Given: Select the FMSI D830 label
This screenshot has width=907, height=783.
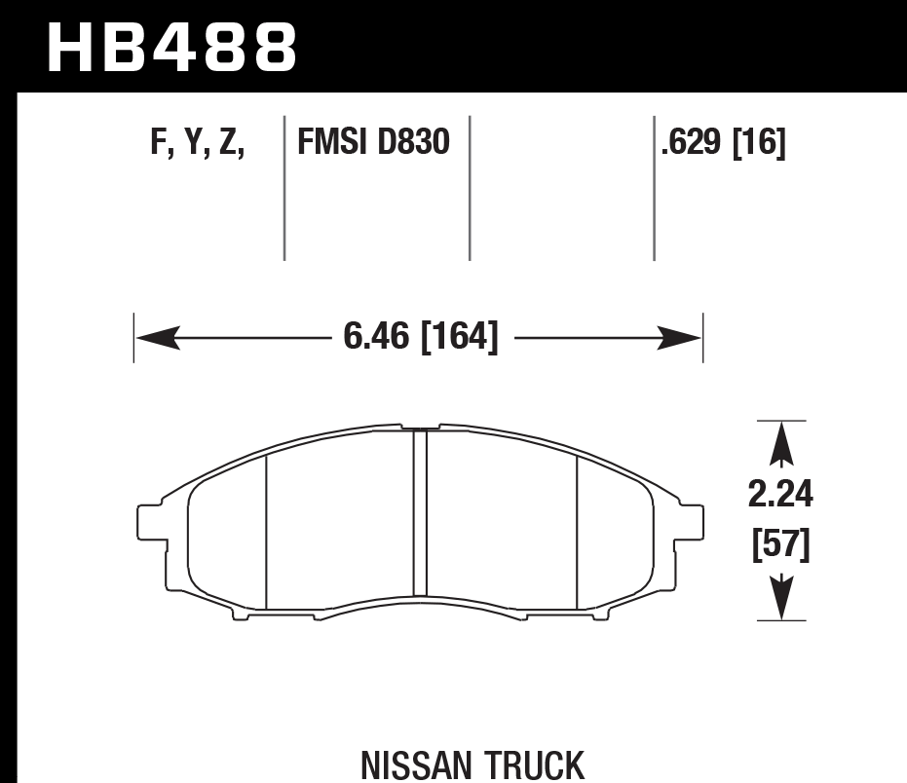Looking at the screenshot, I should pyautogui.click(x=373, y=144).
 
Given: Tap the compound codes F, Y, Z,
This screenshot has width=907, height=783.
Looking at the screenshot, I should pyautogui.click(x=198, y=144).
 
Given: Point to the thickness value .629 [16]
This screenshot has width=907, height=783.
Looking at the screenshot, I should pyautogui.click(x=722, y=144).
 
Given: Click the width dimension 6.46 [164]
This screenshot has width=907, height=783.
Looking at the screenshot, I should pyautogui.click(x=420, y=338).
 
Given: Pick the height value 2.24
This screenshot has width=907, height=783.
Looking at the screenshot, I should pyautogui.click(x=780, y=496).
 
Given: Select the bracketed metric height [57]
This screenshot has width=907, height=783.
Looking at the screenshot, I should pyautogui.click(x=780, y=545).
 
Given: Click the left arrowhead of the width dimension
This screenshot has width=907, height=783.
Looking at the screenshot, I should pyautogui.click(x=156, y=338).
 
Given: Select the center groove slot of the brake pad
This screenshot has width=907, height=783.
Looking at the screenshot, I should pyautogui.click(x=420, y=512).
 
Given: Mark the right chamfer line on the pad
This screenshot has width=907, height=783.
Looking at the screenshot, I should pyautogui.click(x=578, y=533).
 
